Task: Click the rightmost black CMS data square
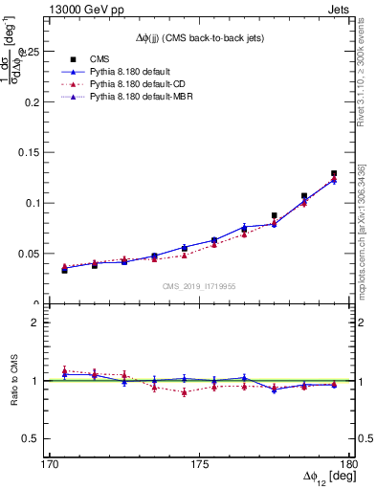pos(334,173)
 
